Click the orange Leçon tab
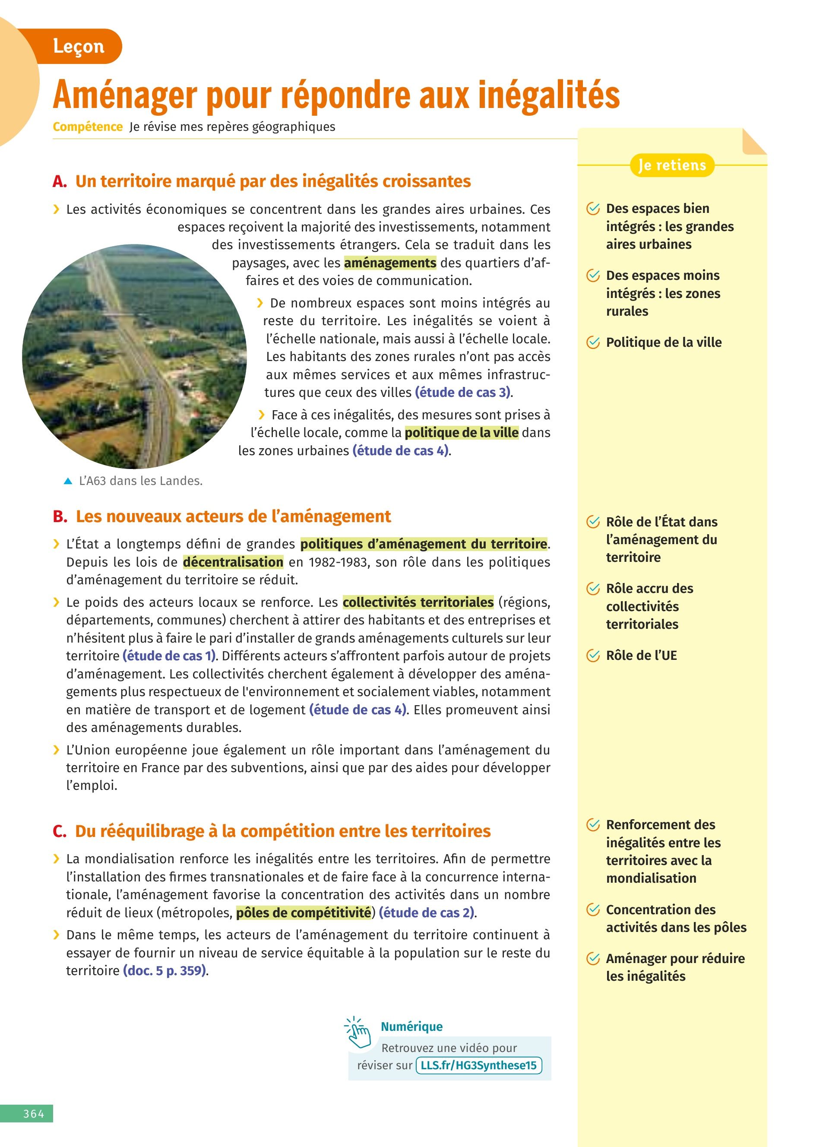point(78,47)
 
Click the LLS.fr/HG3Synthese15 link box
point(478,1065)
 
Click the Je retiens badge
point(672,165)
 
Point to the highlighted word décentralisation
point(233,562)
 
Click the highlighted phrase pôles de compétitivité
point(304,913)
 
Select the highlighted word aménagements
point(390,263)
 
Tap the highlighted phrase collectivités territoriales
point(418,602)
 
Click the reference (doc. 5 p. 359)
point(165,970)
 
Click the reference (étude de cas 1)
point(169,656)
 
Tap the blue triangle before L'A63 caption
point(68,481)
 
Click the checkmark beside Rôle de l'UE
point(592,656)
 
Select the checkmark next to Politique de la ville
point(592,342)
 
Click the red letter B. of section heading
point(60,516)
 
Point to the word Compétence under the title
point(88,127)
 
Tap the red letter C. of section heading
point(59,831)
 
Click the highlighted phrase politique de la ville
point(462,433)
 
